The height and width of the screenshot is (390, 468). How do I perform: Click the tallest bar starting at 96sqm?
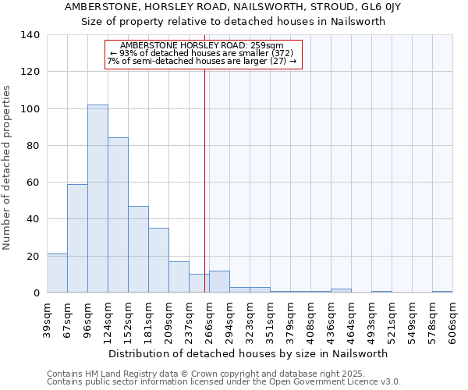point(97,199)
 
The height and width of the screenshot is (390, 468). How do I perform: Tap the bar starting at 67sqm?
point(77,239)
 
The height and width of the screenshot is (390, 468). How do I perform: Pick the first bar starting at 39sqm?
point(57,273)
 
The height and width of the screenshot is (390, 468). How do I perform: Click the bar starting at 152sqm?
point(138,250)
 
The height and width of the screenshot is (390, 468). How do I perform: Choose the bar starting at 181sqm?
point(158,261)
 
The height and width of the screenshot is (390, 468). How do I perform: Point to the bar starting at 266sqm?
point(219,282)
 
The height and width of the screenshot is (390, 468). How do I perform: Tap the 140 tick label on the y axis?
point(30,35)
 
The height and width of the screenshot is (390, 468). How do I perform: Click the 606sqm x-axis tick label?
point(452,320)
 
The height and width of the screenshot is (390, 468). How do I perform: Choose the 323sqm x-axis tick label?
point(250,320)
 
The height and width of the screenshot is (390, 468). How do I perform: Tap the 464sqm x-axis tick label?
point(351,320)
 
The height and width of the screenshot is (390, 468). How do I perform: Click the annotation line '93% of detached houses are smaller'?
point(203,53)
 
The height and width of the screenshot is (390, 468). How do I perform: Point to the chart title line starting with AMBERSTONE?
point(233,7)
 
